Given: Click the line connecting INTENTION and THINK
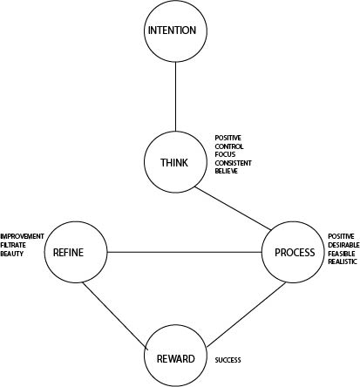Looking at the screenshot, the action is [175, 97].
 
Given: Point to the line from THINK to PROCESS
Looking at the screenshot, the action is [233, 208].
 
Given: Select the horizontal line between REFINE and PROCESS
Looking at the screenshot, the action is [185, 252].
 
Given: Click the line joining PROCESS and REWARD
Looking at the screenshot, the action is [246, 315].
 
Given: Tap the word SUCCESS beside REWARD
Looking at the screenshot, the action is [228, 360].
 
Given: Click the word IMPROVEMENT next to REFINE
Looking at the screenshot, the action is [22, 236].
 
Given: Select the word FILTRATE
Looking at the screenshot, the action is [13, 245].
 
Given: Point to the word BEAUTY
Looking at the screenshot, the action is [12, 254].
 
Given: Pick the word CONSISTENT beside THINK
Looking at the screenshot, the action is [233, 163].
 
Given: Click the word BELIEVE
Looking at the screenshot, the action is [227, 171].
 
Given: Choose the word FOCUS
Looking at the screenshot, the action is [225, 154].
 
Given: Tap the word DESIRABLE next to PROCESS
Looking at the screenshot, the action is [343, 245].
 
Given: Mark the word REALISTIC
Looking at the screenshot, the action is [343, 261].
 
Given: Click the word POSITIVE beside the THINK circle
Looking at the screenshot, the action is [228, 138].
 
